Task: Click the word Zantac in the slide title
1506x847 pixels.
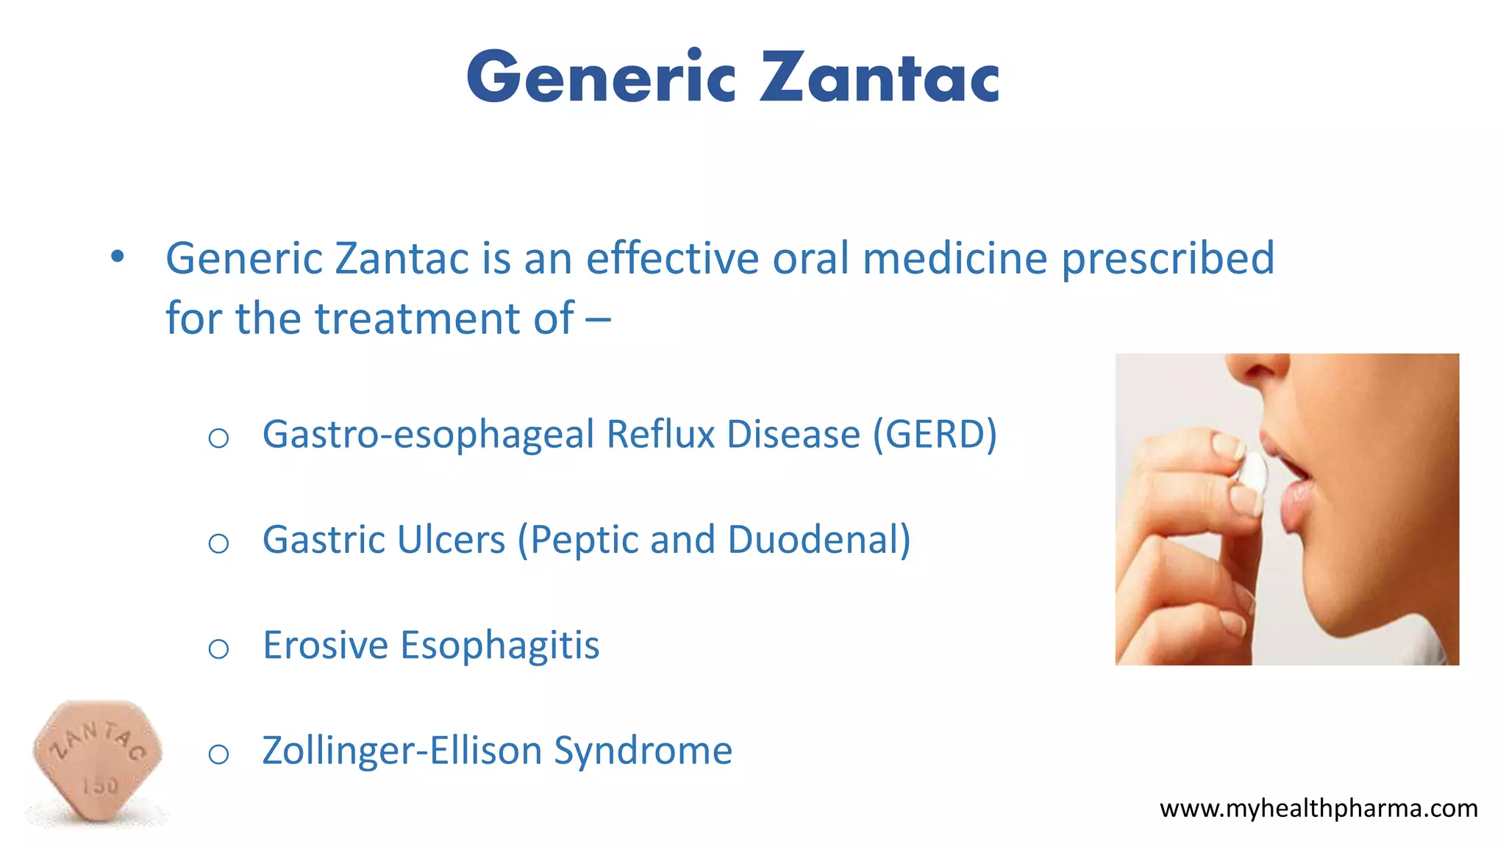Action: [x=879, y=77]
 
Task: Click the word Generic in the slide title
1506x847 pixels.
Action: [x=601, y=77]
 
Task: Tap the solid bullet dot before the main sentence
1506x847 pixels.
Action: [x=117, y=257]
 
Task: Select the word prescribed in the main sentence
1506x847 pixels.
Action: [x=1168, y=259]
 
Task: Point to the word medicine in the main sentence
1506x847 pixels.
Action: [x=954, y=258]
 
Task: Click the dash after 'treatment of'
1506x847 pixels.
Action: [x=598, y=320]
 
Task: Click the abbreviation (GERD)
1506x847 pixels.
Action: [x=935, y=434]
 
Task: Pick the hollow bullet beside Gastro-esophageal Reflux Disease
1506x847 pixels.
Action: [x=218, y=439]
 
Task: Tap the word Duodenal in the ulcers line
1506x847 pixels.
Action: [x=818, y=540]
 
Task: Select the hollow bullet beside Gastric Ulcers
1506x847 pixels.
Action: [x=218, y=544]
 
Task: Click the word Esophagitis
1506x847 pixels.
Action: [x=499, y=646]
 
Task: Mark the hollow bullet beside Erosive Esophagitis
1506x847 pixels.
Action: [x=218, y=649]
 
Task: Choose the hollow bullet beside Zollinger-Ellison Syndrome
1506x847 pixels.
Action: [x=218, y=754]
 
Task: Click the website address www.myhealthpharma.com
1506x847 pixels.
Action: [x=1318, y=809]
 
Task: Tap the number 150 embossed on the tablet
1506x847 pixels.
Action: [x=100, y=786]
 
